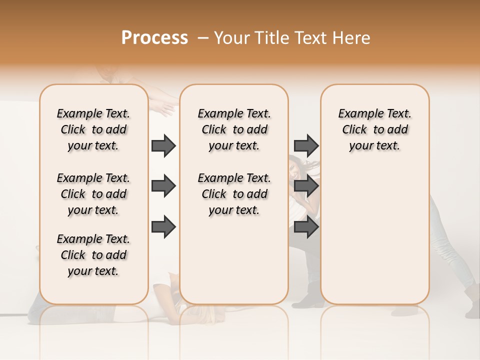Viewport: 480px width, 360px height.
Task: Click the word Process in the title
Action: (154, 38)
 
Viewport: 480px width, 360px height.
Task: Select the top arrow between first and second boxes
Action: (163, 145)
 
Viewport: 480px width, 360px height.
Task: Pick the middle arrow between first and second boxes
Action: (163, 186)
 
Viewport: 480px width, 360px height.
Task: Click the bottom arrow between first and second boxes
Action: (163, 226)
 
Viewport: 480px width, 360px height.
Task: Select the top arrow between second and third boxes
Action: (306, 145)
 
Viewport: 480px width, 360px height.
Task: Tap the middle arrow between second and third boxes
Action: (306, 186)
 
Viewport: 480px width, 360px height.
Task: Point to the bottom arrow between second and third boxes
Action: (306, 226)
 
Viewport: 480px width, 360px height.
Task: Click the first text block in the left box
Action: (93, 129)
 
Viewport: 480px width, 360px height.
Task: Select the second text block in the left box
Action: (93, 194)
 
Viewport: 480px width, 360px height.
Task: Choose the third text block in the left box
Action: (93, 255)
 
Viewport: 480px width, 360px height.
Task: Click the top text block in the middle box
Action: (234, 129)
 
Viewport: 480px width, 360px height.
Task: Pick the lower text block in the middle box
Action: (234, 194)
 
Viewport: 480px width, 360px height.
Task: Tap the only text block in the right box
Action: (374, 129)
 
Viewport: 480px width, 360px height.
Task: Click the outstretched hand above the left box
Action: (162, 106)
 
